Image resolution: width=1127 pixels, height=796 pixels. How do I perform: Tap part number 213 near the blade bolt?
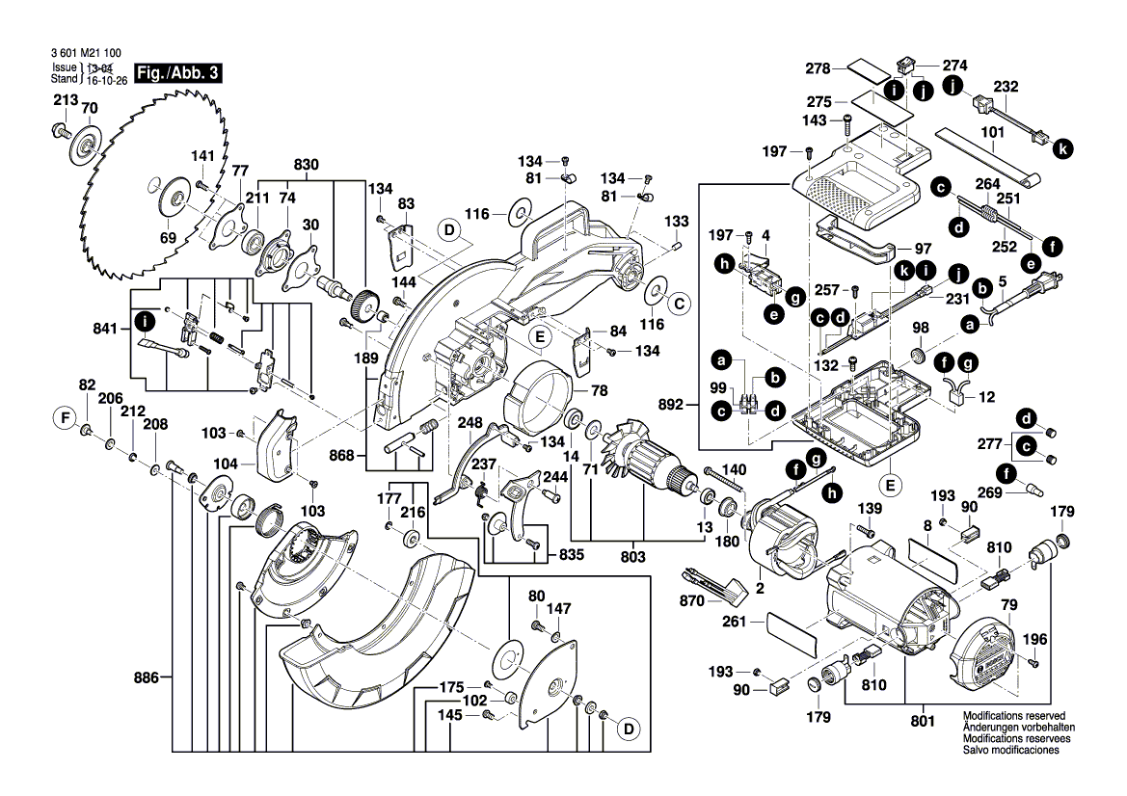coord(65,99)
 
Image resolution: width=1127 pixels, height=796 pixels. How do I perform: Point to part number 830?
coord(306,165)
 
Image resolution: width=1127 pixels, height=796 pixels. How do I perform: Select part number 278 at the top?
coord(818,67)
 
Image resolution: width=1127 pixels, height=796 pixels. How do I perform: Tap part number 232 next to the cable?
coord(1006,86)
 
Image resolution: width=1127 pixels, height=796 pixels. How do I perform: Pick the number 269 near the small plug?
coord(990,491)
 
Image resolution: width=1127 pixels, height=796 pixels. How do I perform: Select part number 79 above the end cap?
coord(1009,604)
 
